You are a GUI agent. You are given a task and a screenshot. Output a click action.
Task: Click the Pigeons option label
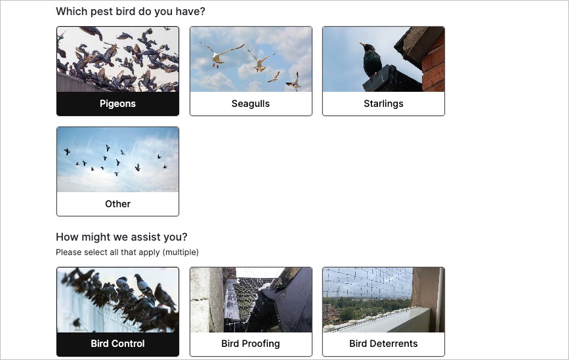tap(117, 104)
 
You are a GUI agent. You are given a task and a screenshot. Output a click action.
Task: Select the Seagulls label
tap(251, 104)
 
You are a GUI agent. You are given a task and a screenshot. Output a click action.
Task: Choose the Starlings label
tap(383, 104)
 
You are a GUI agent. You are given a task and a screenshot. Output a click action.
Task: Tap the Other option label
tap(117, 204)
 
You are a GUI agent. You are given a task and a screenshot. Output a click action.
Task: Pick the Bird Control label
tap(117, 344)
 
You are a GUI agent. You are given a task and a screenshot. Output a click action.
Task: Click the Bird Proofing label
tap(251, 344)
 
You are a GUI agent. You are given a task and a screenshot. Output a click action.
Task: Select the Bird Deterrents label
tap(383, 344)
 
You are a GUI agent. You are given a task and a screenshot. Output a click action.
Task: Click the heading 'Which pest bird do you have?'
tap(131, 12)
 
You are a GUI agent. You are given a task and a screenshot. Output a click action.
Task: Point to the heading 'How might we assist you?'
tap(121, 237)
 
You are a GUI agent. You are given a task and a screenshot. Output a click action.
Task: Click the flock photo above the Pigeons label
tap(117, 59)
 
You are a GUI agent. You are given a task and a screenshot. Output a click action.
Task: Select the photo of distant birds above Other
tap(117, 159)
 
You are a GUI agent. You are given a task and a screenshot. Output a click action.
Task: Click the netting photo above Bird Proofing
tap(251, 300)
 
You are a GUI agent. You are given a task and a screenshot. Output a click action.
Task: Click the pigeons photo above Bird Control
tap(117, 300)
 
